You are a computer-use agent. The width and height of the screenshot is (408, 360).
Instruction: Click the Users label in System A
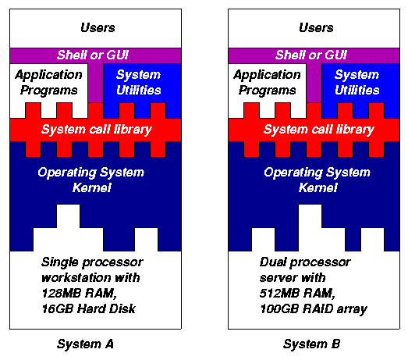coord(98,27)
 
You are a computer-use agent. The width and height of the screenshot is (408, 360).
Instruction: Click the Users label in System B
coord(316,27)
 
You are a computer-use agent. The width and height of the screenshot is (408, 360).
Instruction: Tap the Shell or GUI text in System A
coord(93,55)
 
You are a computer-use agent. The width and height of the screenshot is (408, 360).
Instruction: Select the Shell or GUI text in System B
coord(311,55)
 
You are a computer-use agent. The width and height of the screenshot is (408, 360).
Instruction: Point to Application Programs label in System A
coord(48,82)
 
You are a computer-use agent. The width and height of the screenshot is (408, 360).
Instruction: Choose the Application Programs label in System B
coord(268,82)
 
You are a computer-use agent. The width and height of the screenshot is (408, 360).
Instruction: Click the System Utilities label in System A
coord(139,82)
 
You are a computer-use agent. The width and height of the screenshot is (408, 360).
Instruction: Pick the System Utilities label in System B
coord(357,82)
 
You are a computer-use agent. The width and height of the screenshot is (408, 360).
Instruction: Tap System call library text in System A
coord(97,130)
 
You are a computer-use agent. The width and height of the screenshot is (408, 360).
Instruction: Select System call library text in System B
coord(319,130)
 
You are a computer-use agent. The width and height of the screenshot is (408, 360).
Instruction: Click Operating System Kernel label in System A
coord(91,180)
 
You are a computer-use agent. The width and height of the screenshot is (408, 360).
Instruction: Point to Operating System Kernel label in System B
coord(318,180)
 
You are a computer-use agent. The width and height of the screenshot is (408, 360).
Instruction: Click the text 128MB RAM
coord(79,294)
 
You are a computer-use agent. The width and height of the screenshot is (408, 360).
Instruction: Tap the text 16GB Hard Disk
coord(89,308)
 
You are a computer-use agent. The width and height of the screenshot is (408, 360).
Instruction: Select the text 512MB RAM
coord(297,294)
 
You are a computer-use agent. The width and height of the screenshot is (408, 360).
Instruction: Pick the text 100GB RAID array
coord(314,309)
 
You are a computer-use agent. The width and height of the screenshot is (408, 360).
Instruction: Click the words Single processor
coord(92,262)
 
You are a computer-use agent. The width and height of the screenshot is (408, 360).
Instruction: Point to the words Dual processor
coord(305,262)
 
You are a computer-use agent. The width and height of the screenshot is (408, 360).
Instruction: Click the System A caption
coord(85,344)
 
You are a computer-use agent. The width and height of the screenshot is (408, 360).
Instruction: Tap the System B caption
coord(311,344)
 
